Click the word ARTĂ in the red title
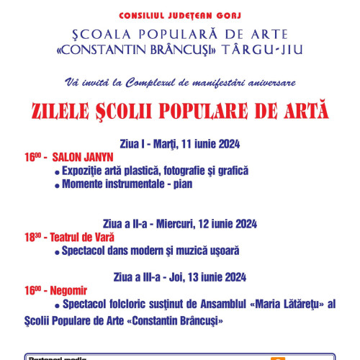[x=301, y=112]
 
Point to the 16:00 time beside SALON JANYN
[x=30, y=156]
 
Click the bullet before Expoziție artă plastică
[x=57, y=171]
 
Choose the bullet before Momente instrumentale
[x=57, y=184]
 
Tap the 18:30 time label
[x=30, y=236]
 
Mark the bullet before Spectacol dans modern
[x=57, y=251]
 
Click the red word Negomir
[x=69, y=290]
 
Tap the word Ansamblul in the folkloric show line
[x=211, y=304]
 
